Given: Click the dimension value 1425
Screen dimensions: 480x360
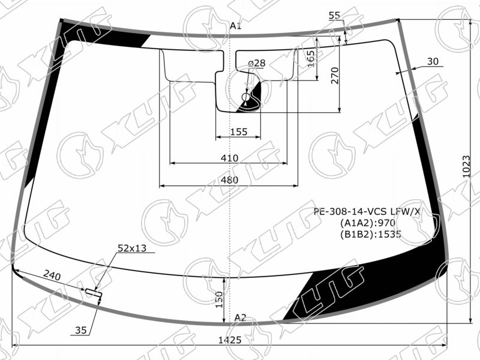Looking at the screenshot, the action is (x=230, y=340).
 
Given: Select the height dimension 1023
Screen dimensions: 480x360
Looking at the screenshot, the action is (x=466, y=167).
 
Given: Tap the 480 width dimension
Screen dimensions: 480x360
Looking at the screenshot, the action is (x=229, y=179).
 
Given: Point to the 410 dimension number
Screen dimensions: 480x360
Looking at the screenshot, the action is (x=229, y=158).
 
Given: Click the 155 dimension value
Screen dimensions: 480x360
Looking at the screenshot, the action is (x=238, y=131).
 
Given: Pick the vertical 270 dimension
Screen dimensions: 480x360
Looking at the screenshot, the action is (x=335, y=76).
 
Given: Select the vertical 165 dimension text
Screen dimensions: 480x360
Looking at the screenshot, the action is (x=310, y=59).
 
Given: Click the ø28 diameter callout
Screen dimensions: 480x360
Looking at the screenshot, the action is (x=257, y=64).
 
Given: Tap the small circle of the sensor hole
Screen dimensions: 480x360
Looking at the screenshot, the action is (x=246, y=97).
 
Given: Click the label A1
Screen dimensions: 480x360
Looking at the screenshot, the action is (x=235, y=26).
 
